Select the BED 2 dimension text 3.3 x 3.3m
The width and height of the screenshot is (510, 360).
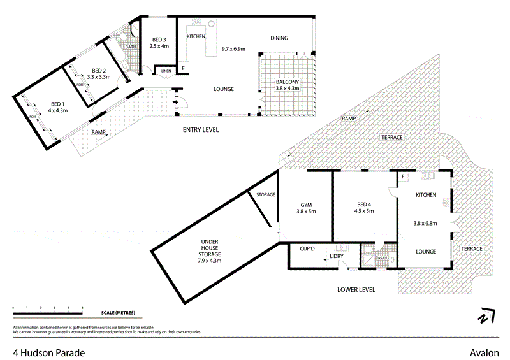tap(98, 77)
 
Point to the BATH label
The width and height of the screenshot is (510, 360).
tap(130, 47)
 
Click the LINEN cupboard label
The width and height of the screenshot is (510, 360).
tap(166, 70)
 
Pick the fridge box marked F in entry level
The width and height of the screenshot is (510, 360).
tap(183, 67)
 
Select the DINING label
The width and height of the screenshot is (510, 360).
tap(279, 38)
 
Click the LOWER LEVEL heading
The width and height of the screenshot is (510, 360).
tap(356, 289)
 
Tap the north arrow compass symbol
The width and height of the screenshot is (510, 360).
tap(485, 316)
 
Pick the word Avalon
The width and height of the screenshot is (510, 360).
tap(483, 352)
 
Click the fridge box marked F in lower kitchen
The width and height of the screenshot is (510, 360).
tap(404, 176)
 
